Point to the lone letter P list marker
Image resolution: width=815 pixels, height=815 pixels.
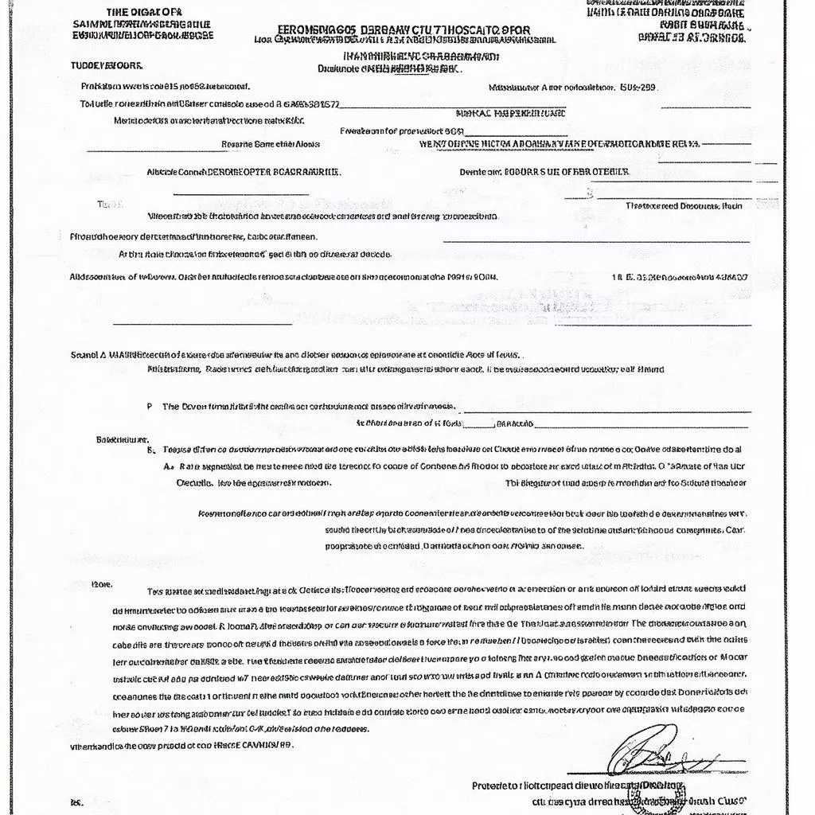150,406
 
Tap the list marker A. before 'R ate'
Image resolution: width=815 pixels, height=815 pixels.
168,468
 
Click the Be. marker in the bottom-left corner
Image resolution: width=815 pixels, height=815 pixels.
76,803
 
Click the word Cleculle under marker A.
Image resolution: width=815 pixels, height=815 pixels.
194,482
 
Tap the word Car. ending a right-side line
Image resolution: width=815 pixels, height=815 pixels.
735,529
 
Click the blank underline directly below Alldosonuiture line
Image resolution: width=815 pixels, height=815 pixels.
202,323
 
